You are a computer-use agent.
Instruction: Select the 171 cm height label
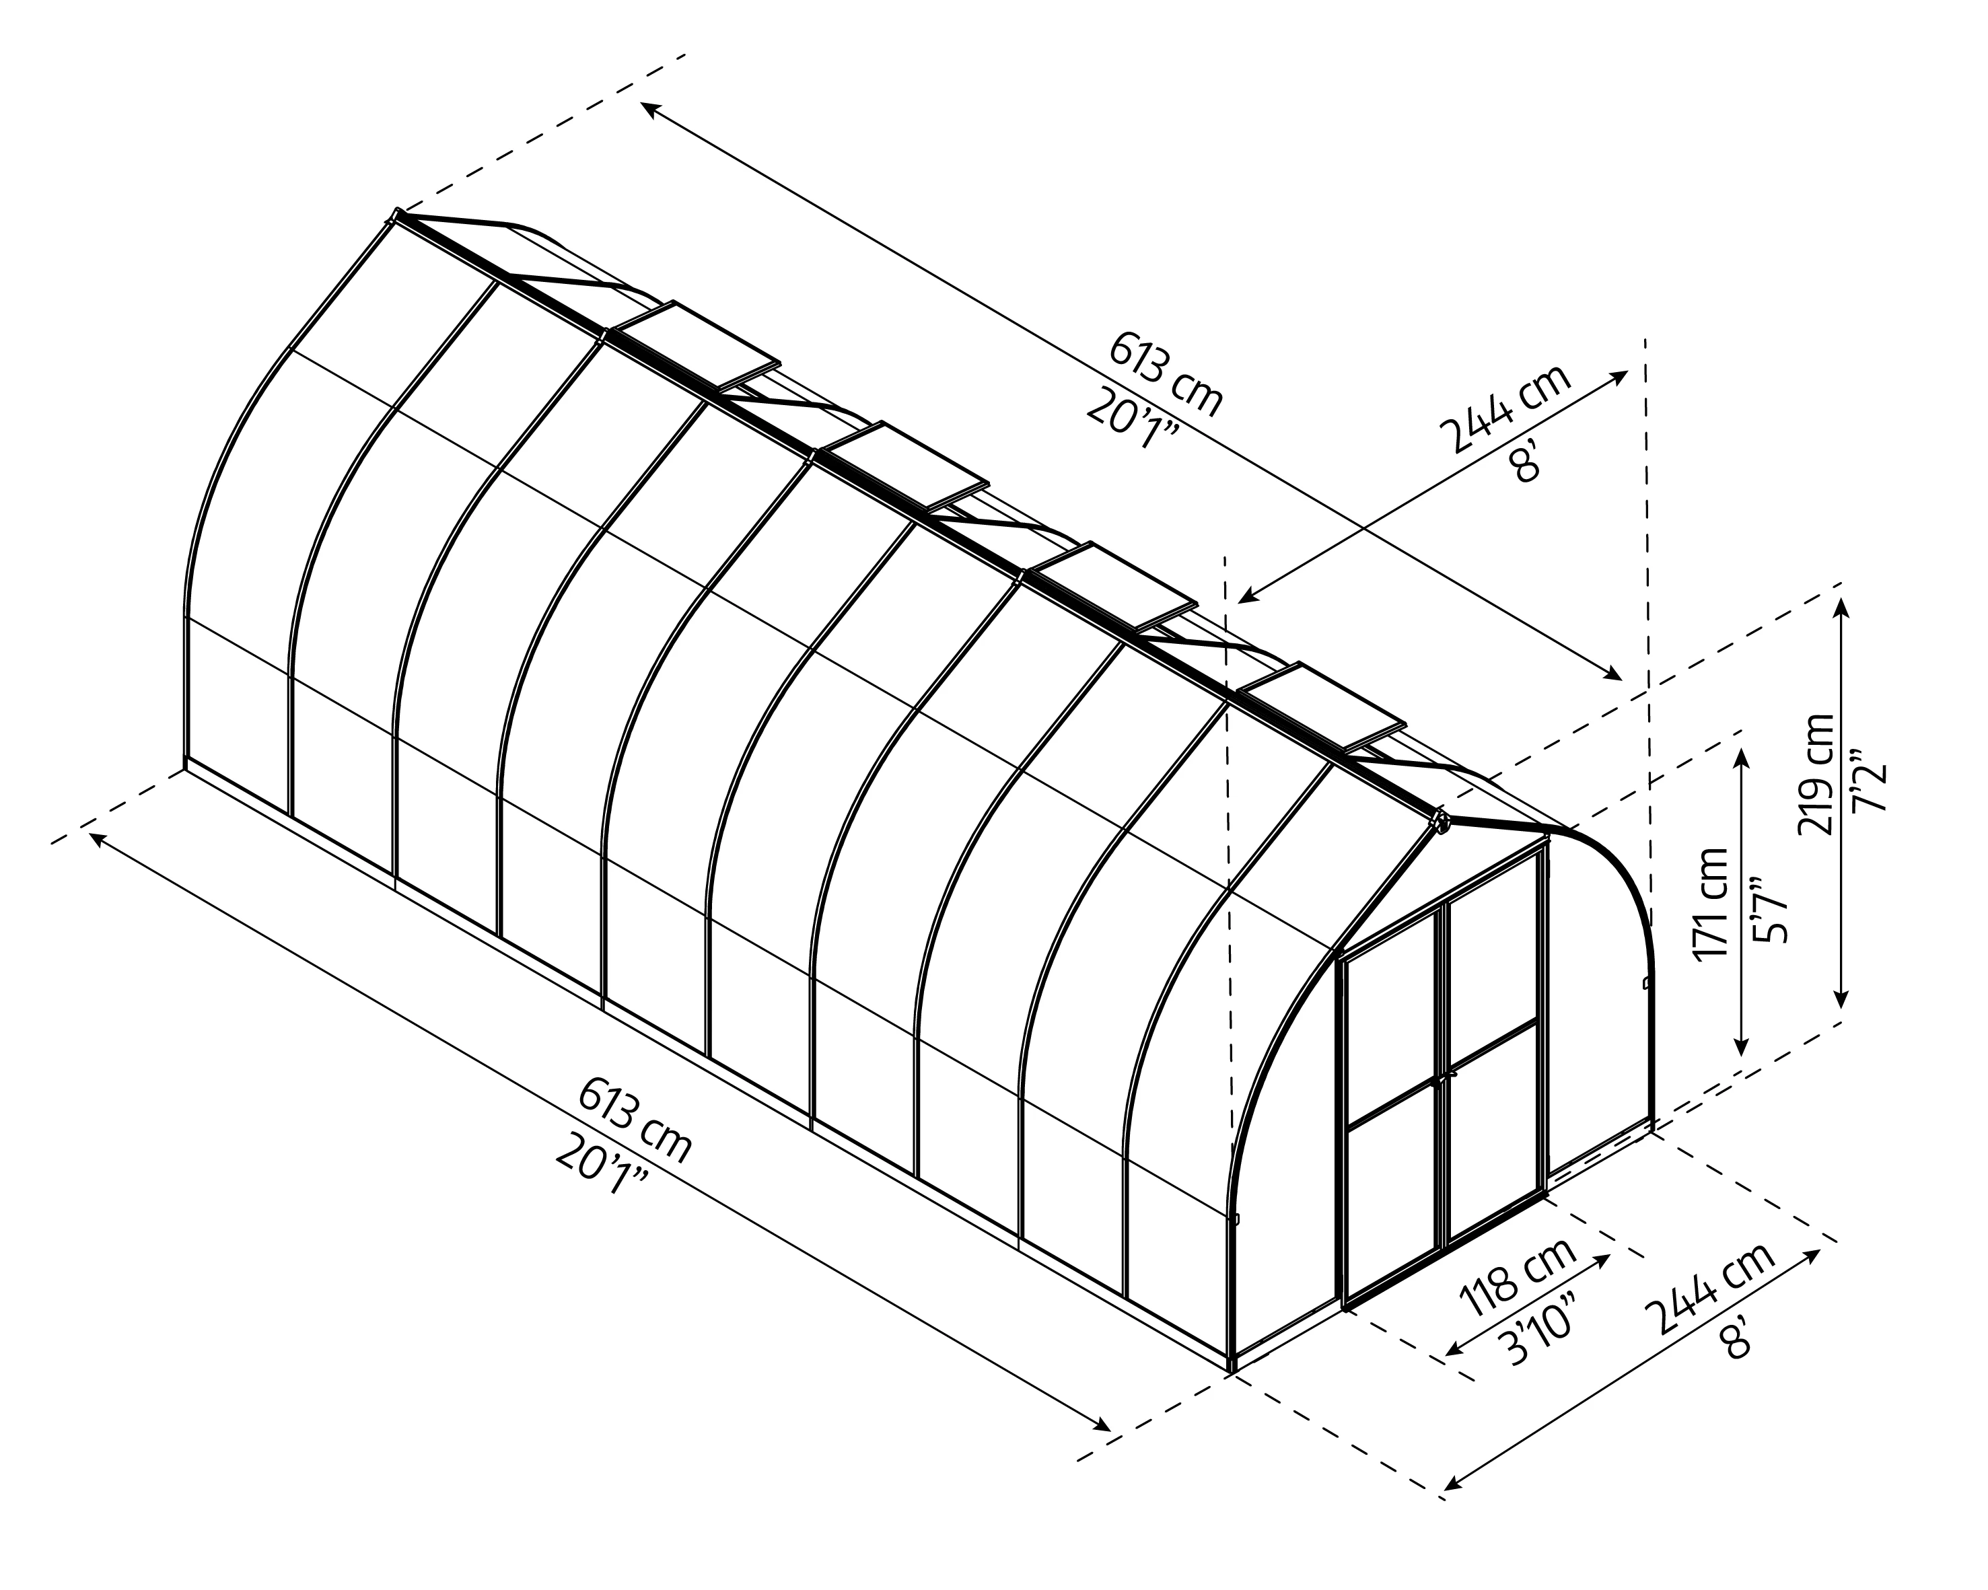pos(1711,903)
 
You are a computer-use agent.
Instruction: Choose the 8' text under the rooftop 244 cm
pos(1526,461)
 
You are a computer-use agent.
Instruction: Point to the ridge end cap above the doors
pos(1440,818)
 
